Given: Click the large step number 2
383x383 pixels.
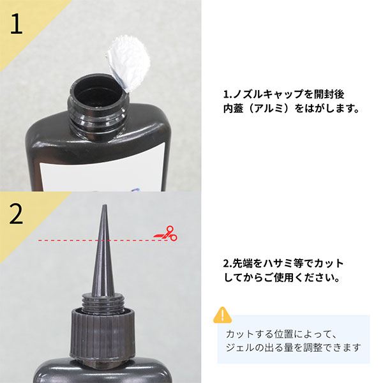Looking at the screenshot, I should [x=17, y=214].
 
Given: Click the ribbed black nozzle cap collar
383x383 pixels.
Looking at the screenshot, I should [x=103, y=329].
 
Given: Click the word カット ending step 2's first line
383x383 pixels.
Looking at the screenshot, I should [x=331, y=264].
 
